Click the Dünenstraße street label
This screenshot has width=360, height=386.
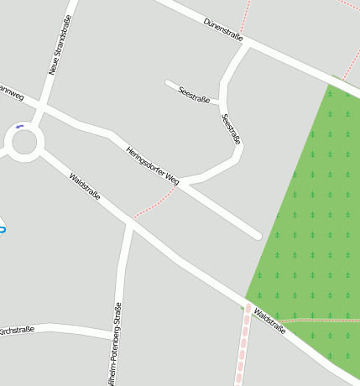pyautogui.click(x=223, y=30)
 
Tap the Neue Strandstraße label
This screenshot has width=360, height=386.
pyautogui.click(x=60, y=46)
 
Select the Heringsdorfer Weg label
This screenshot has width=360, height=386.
pyautogui.click(x=153, y=165)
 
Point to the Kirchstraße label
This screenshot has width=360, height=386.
pyautogui.click(x=17, y=330)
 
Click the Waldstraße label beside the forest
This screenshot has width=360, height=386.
pyautogui.click(x=269, y=321)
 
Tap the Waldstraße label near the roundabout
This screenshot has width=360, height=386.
pyautogui.click(x=85, y=186)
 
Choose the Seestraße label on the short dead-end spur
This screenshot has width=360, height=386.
pyautogui.click(x=194, y=94)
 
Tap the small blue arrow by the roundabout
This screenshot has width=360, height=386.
pyautogui.click(x=19, y=127)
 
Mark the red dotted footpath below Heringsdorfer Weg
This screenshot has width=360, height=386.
pyautogui.click(x=156, y=204)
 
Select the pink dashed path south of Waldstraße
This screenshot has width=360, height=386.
pyautogui.click(x=243, y=348)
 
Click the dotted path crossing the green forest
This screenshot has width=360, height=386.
pyautogui.click(x=319, y=320)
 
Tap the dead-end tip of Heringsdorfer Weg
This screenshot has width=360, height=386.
pyautogui.click(x=257, y=236)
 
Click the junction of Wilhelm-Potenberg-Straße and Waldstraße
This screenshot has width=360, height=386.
pyautogui.click(x=131, y=224)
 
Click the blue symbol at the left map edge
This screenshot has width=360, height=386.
pyautogui.click(x=3, y=228)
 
